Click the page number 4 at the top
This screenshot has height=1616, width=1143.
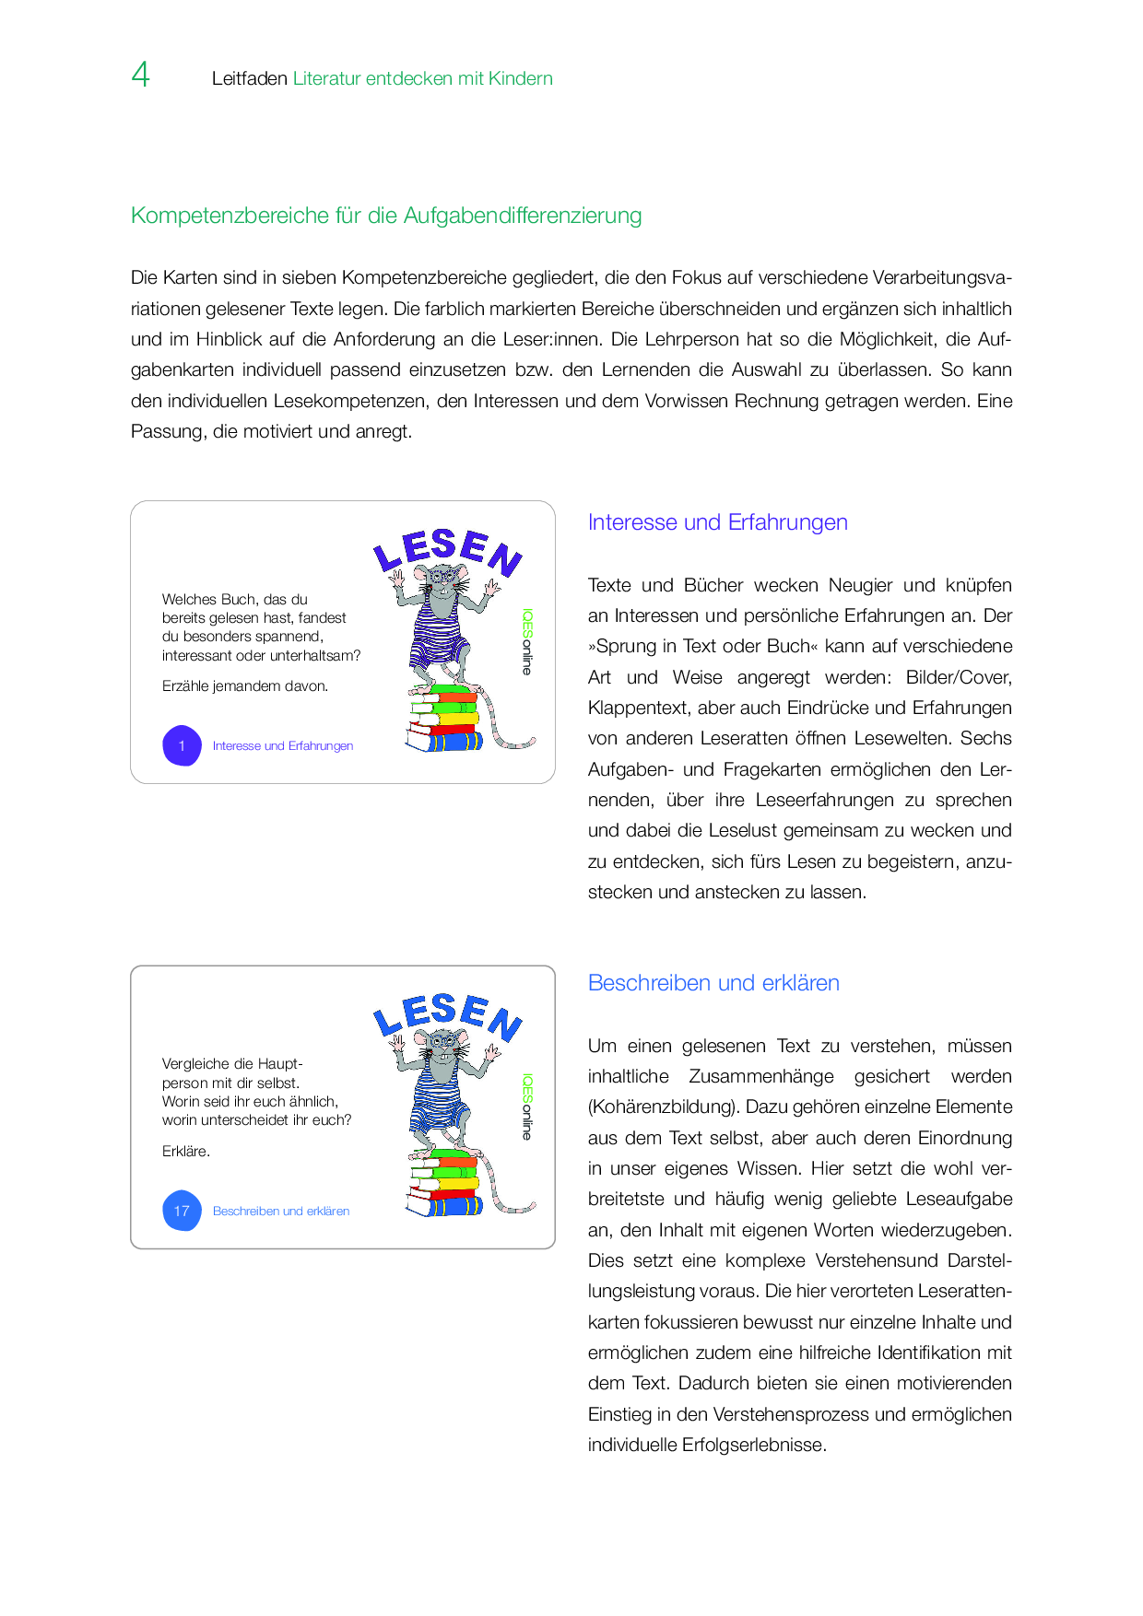point(140,75)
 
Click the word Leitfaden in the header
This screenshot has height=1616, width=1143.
point(250,79)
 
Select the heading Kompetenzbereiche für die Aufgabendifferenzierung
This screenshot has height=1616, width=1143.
point(386,216)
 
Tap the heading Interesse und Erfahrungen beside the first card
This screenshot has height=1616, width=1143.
point(717,522)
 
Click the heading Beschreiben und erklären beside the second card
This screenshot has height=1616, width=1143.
point(713,983)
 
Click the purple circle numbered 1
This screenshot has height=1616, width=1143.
point(182,746)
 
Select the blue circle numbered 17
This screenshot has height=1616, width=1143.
point(182,1211)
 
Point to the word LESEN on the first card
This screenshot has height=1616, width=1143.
point(447,550)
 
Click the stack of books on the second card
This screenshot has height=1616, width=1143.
point(444,1184)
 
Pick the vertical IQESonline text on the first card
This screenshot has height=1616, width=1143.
point(527,641)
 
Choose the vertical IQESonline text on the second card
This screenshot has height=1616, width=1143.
point(527,1106)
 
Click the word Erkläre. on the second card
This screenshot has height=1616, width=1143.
point(186,1152)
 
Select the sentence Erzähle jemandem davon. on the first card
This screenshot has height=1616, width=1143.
point(245,686)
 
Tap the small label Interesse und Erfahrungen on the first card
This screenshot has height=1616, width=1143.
point(283,746)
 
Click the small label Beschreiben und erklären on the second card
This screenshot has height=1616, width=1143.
point(281,1212)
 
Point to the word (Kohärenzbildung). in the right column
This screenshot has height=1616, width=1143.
point(664,1107)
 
